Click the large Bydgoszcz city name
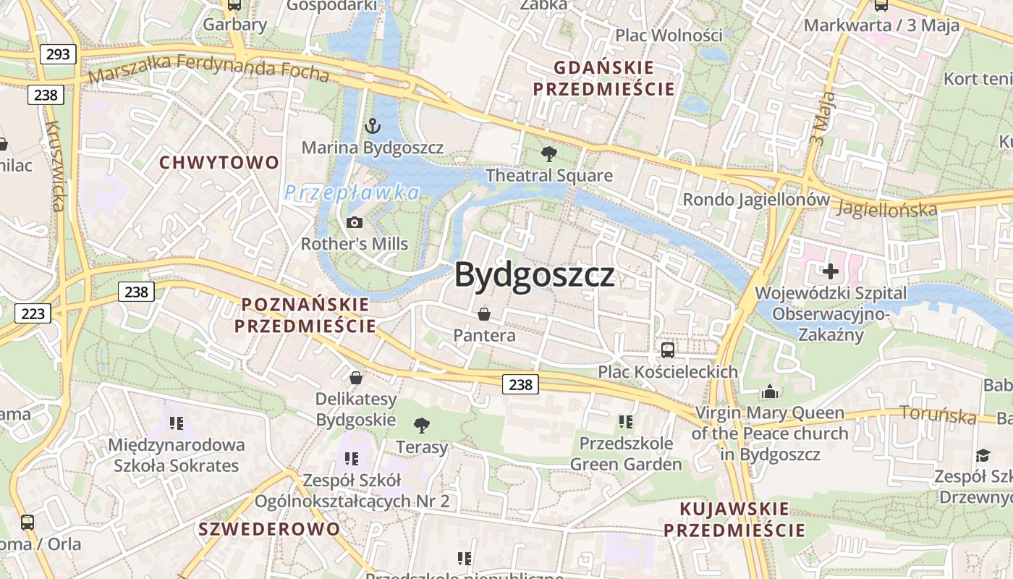point(535,275)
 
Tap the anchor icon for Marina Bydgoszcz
point(372,127)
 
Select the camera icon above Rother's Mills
point(355,222)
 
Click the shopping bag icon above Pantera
point(484,314)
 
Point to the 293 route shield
point(58,54)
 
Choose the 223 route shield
point(33,313)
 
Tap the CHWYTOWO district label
point(219,162)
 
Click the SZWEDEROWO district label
point(269,528)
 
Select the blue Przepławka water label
point(352,193)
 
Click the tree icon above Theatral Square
point(549,153)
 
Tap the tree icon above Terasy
point(421,426)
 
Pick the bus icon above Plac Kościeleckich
point(668,350)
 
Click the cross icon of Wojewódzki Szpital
point(831,271)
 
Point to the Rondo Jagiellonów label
point(756,199)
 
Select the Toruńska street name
point(938,415)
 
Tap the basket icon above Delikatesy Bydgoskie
point(355,378)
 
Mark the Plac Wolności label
point(669,35)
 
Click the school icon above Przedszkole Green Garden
point(626,421)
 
